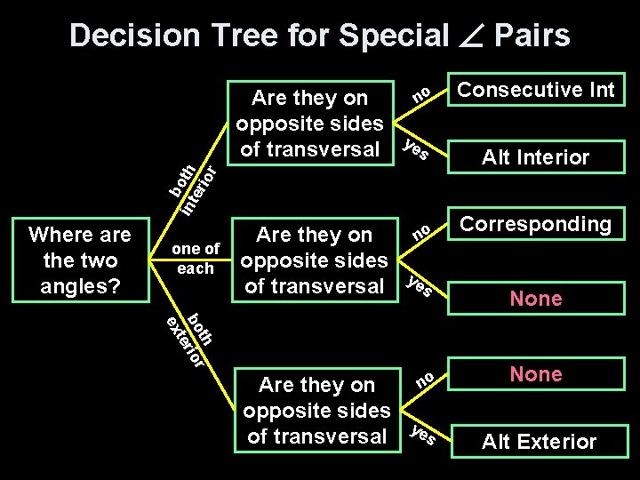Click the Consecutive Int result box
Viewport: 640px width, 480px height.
click(535, 90)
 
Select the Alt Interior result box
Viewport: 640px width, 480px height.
click(535, 157)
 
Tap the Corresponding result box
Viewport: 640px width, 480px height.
click(535, 224)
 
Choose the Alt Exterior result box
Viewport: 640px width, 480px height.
click(539, 441)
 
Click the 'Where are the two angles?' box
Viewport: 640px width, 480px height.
click(79, 260)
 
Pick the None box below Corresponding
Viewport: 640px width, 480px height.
click(535, 299)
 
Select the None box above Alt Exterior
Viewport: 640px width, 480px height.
click(535, 374)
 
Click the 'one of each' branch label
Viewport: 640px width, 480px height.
click(195, 259)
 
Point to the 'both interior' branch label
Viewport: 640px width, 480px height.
click(195, 188)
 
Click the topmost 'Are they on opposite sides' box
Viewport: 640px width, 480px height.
click(309, 123)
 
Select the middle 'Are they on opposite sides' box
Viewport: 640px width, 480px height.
click(314, 260)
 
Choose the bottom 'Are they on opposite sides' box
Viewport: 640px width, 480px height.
click(316, 410)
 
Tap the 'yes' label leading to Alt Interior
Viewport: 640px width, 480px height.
click(418, 150)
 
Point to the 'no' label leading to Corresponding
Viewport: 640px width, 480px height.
click(423, 232)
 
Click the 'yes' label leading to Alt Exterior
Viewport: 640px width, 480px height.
click(423, 435)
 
